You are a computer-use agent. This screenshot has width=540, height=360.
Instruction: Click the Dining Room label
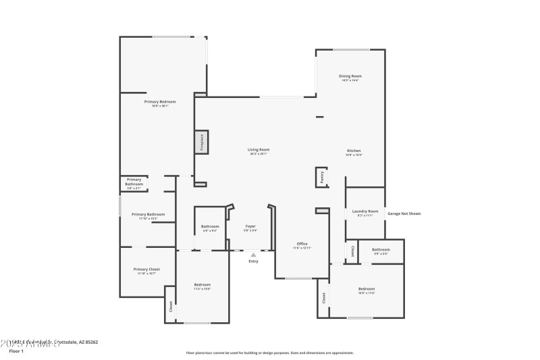(350, 76)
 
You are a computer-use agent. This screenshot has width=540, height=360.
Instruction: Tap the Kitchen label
(354, 151)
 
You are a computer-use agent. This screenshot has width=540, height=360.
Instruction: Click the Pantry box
(322, 178)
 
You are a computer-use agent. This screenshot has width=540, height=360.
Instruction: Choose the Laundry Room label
(365, 211)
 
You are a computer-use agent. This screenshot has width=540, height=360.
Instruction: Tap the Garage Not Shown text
(404, 213)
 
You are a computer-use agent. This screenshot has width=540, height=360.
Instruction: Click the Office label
(302, 243)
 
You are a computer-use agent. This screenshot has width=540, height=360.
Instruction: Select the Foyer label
(250, 226)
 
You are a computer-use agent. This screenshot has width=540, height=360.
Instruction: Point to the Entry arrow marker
(253, 255)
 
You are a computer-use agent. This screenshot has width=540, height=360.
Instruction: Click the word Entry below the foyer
(253, 261)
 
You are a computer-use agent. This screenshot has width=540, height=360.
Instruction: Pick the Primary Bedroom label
(160, 101)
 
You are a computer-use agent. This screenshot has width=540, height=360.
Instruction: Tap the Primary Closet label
(146, 269)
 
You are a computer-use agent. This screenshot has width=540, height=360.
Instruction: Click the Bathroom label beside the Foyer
(210, 226)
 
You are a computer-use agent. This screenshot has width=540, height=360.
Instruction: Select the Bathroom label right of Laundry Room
(381, 250)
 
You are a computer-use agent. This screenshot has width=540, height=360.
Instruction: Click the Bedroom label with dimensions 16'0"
(367, 289)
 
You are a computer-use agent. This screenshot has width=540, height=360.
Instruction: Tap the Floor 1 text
(16, 351)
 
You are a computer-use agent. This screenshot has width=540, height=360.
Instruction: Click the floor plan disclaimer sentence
(269, 353)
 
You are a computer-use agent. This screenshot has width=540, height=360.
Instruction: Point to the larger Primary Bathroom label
(148, 215)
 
